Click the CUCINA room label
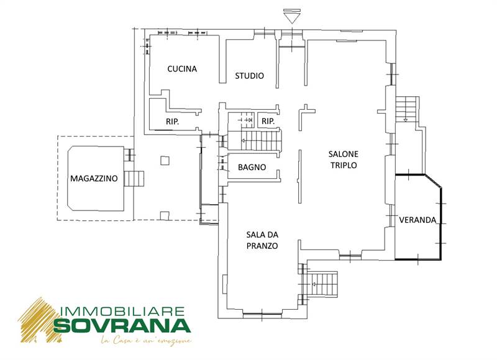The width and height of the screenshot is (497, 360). coord(182,69)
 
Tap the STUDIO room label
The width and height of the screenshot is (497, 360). coord(250,76)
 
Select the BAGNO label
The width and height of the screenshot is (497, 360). coord(252,167)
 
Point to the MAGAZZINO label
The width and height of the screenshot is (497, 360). coord(94,178)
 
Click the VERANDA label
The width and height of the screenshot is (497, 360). coord(417,220)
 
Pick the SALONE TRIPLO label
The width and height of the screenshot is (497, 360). coord(344,160)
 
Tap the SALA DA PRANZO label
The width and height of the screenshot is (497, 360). coord(262,240)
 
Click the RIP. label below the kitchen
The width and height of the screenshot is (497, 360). coord(173,121)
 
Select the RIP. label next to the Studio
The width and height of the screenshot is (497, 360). coord(268,121)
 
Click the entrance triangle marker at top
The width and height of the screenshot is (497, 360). coord(291,17)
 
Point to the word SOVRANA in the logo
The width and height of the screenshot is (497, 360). coord(122,325)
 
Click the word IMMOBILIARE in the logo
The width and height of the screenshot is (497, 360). coord(122,311)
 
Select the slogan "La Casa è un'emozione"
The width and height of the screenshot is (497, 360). coord(146,341)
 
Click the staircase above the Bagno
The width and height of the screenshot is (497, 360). coord(260,140)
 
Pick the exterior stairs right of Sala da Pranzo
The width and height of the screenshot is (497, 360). coord(321,284)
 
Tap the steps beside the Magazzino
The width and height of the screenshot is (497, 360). coord(134,179)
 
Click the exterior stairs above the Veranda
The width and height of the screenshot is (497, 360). coord(406,109)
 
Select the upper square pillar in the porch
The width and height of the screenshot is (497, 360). coord(165,161)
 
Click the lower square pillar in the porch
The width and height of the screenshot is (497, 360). coord(165,215)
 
